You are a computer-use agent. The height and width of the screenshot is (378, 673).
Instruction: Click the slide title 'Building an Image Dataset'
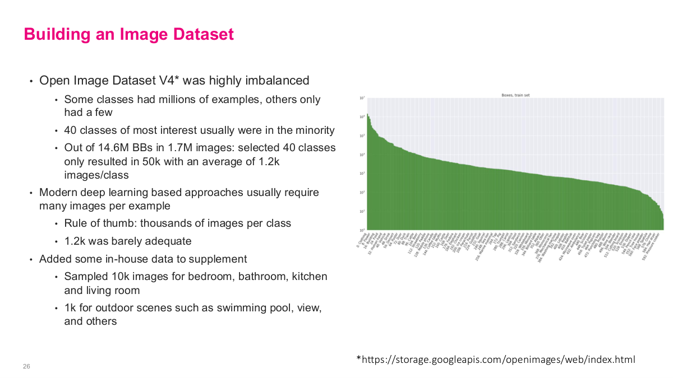tap(128, 34)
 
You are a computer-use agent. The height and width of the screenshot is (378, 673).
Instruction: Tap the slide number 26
tap(26, 366)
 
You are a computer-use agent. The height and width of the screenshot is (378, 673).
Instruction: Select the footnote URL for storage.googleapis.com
tap(496, 359)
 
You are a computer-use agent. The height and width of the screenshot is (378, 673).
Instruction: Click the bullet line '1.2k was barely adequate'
tap(128, 241)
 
